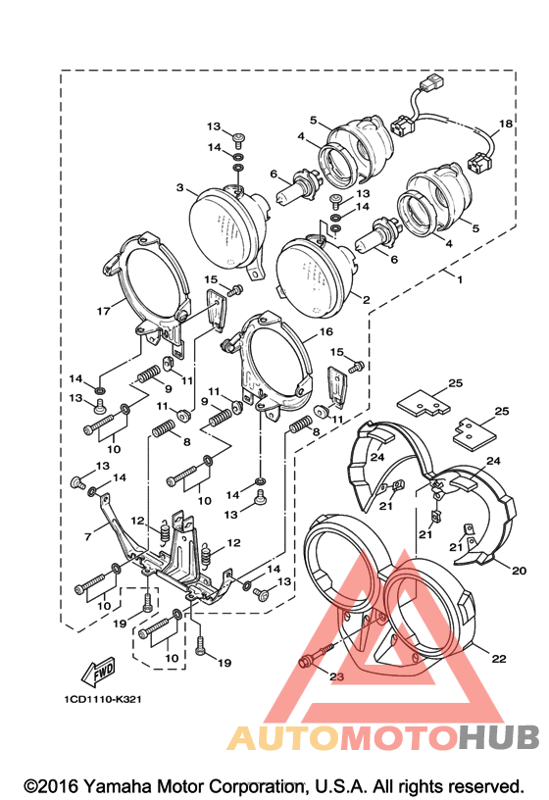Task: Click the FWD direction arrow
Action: (x=98, y=672)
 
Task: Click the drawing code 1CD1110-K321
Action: (x=103, y=699)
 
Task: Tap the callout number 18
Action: (x=505, y=124)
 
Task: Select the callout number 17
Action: (x=103, y=310)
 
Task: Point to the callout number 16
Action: (x=325, y=331)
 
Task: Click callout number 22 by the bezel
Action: (x=498, y=659)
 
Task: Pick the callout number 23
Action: (x=336, y=676)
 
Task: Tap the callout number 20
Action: (x=519, y=571)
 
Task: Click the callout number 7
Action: (x=88, y=536)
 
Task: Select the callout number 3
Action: (x=179, y=188)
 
